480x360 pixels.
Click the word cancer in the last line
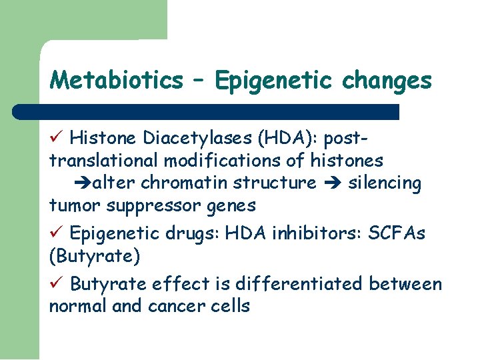pos(173,307)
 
